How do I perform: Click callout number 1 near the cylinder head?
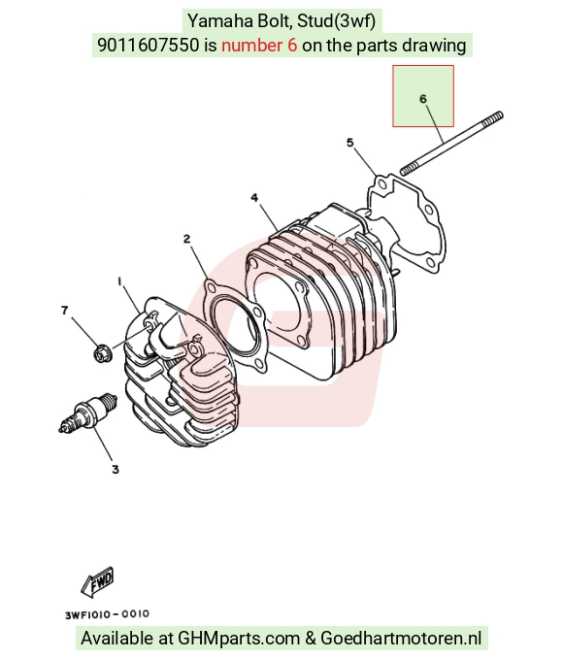click(x=119, y=281)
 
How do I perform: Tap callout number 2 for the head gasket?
click(x=186, y=239)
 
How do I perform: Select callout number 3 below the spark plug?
click(x=116, y=469)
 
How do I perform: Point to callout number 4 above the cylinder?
click(x=254, y=198)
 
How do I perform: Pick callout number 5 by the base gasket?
click(x=350, y=143)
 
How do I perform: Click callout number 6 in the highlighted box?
click(x=423, y=99)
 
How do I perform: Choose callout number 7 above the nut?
click(x=64, y=311)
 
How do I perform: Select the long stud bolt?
click(x=451, y=144)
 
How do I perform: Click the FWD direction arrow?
click(x=97, y=581)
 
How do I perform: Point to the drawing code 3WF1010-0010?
click(x=107, y=614)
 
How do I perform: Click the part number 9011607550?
click(x=148, y=46)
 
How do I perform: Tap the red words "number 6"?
click(x=259, y=46)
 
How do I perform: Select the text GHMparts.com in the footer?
click(x=239, y=638)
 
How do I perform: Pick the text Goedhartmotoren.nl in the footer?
click(x=401, y=638)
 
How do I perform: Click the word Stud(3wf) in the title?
click(x=337, y=21)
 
